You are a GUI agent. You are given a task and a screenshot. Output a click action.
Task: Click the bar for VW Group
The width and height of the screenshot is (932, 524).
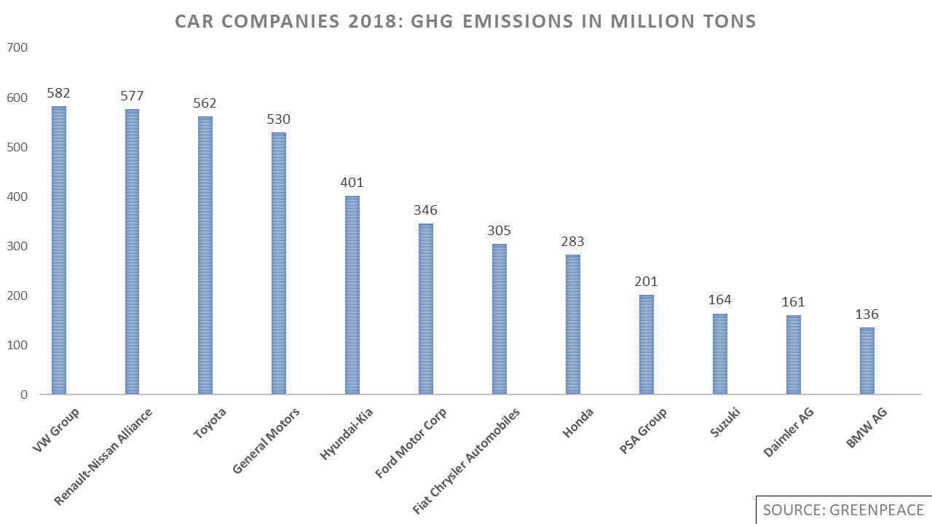pyautogui.click(x=58, y=250)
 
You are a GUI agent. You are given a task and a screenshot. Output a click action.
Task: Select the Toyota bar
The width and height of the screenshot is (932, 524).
pyautogui.click(x=205, y=255)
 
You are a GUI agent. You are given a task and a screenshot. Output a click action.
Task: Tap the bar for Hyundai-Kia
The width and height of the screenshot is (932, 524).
pyautogui.click(x=352, y=295)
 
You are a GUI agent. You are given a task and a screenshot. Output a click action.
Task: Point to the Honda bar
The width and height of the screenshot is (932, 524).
pyautogui.click(x=573, y=324)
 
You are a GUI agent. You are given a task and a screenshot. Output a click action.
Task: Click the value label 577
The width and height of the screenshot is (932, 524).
pyautogui.click(x=132, y=96)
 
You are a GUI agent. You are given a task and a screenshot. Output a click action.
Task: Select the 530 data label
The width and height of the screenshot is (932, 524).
pyautogui.click(x=279, y=119)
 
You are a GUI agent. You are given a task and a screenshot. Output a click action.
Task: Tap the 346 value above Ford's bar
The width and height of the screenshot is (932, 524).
pyautogui.click(x=426, y=210)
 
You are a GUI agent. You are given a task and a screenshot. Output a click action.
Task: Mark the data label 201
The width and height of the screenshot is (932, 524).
pyautogui.click(x=647, y=282)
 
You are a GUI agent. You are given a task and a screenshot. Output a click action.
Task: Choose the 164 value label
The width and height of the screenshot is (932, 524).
pyautogui.click(x=719, y=300)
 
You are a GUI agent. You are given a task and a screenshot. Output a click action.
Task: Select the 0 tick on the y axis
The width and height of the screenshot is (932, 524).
pyautogui.click(x=23, y=394)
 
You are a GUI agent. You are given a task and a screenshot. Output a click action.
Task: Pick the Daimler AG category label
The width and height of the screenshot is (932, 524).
pyautogui.click(x=788, y=433)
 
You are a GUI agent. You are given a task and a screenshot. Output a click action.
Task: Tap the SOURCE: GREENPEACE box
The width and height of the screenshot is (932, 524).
pyautogui.click(x=843, y=510)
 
